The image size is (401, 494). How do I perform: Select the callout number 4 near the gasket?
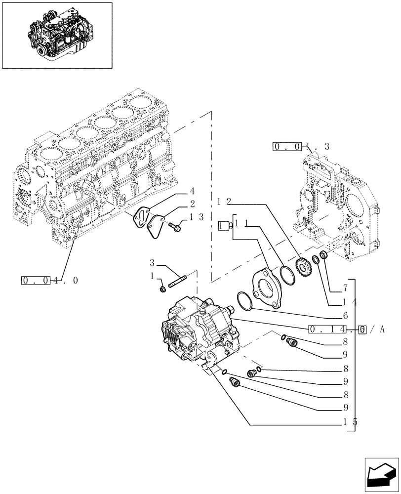coord(192,192)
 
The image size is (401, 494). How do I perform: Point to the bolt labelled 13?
coord(175,226)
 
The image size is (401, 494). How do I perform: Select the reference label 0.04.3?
coord(300,146)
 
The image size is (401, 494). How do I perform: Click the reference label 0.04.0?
coord(49,281)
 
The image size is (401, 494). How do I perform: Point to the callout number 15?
coord(350,422)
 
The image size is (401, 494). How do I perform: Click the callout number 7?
coord(345,288)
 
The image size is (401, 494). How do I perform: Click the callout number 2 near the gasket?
coord(192,204)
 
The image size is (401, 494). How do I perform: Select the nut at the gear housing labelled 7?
coord(323,255)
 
